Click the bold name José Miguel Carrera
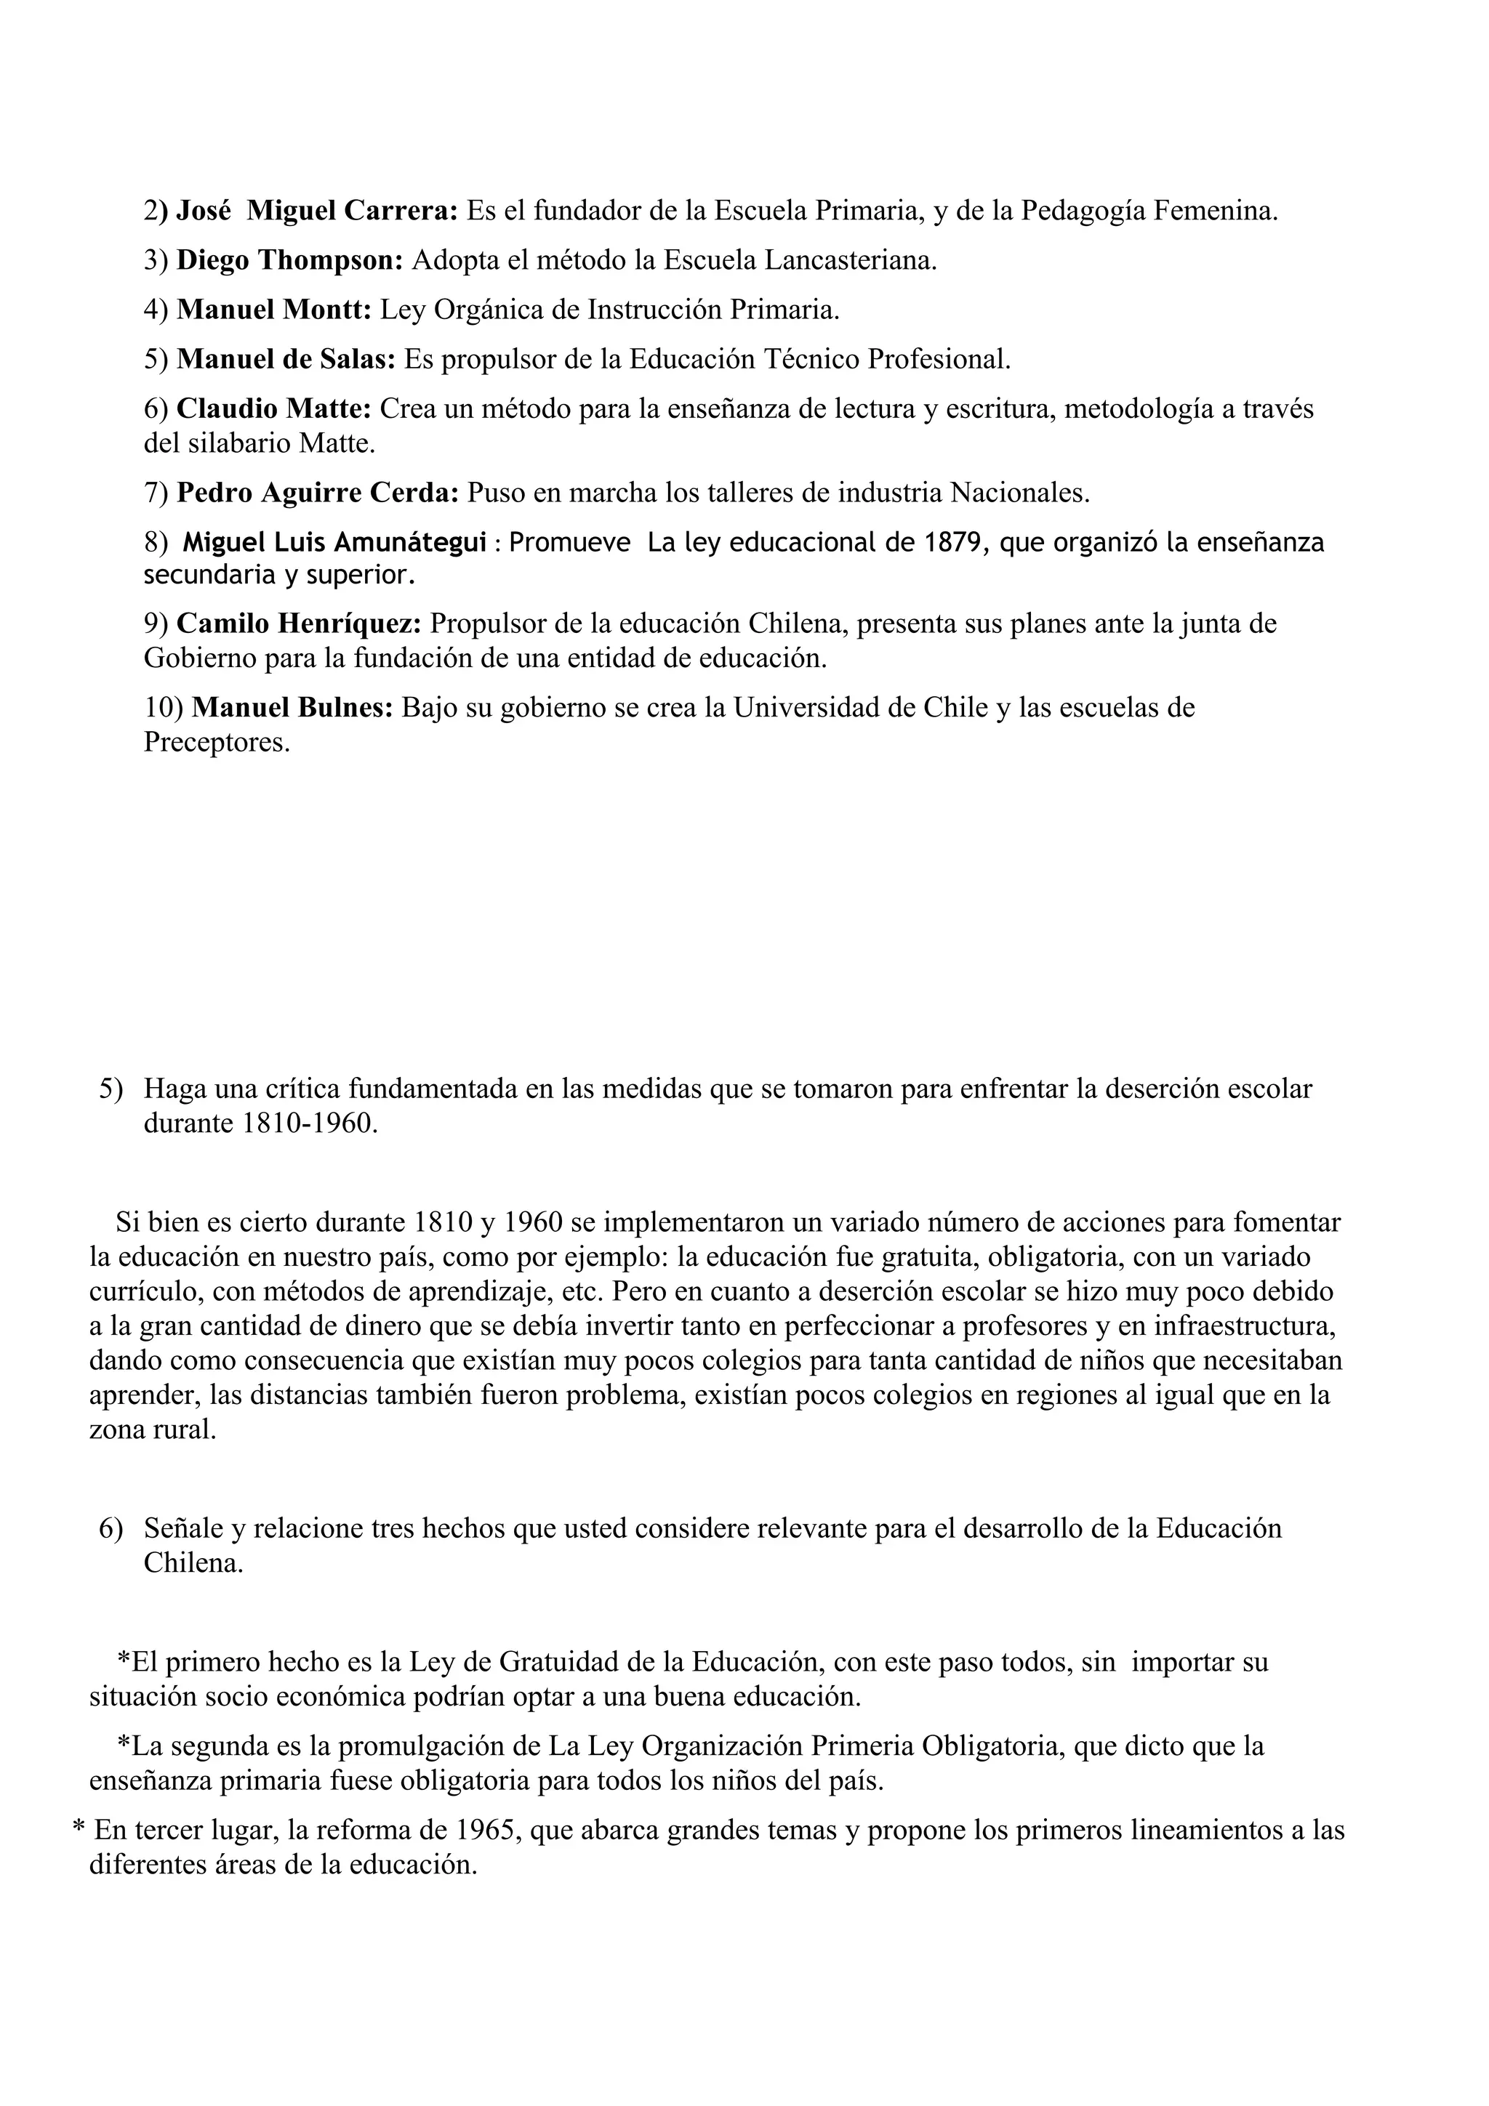tap(316, 212)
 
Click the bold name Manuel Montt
tap(273, 310)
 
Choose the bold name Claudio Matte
tap(273, 409)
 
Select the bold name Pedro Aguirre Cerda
tap(318, 493)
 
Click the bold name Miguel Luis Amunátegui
tap(335, 543)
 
